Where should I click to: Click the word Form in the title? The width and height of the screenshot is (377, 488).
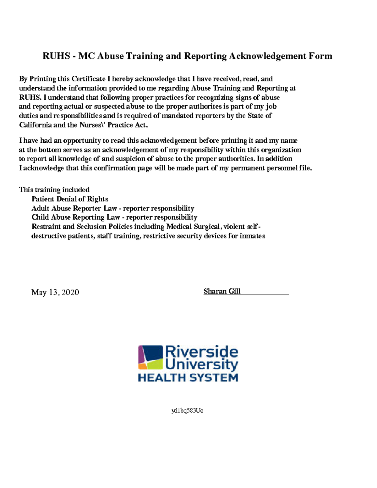click(320, 56)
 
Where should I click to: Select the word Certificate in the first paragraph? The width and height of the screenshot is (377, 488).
click(88, 79)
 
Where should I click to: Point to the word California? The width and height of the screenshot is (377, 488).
click(36, 125)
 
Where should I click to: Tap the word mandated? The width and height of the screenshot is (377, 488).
click(178, 116)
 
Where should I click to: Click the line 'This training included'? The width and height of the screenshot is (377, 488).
click(54, 190)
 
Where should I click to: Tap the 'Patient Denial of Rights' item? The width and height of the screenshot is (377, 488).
click(70, 199)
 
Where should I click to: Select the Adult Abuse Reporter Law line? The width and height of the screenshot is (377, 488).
click(113, 208)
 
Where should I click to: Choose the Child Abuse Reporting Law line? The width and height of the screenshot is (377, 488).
click(114, 217)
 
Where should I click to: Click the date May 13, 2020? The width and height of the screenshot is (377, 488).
click(55, 293)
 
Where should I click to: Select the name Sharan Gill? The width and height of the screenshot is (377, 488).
click(222, 292)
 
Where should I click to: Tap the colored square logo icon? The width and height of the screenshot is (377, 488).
click(150, 357)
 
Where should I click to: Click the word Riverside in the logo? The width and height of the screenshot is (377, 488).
click(201, 352)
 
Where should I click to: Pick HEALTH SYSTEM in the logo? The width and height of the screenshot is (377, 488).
click(188, 377)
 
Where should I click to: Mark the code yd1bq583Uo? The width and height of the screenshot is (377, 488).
click(188, 411)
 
